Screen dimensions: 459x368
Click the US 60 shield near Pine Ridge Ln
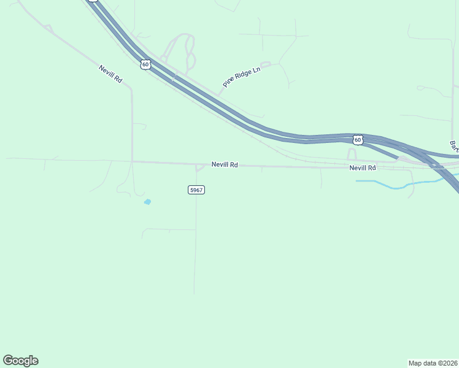(x=145, y=64)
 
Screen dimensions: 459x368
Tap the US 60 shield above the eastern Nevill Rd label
(x=358, y=140)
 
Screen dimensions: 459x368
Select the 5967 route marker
(x=196, y=190)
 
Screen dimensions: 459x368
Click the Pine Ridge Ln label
(x=242, y=77)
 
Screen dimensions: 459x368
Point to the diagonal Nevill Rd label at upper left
(x=110, y=74)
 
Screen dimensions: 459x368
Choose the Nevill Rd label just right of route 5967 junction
(x=225, y=164)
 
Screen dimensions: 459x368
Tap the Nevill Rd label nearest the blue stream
(x=363, y=167)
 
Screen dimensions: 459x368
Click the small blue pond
(x=147, y=201)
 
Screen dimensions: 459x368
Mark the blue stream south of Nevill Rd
(x=393, y=184)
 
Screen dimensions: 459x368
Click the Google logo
(x=20, y=361)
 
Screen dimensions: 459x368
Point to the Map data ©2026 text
(x=433, y=362)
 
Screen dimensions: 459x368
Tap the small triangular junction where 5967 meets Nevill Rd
(x=199, y=167)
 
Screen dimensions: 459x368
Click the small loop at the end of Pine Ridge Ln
(x=266, y=64)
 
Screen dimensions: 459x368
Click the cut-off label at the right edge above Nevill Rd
(x=454, y=146)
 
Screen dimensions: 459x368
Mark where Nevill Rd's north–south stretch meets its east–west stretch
(x=132, y=161)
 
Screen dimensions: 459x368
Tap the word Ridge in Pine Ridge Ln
(x=241, y=77)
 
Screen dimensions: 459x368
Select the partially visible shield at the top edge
(x=92, y=1)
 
